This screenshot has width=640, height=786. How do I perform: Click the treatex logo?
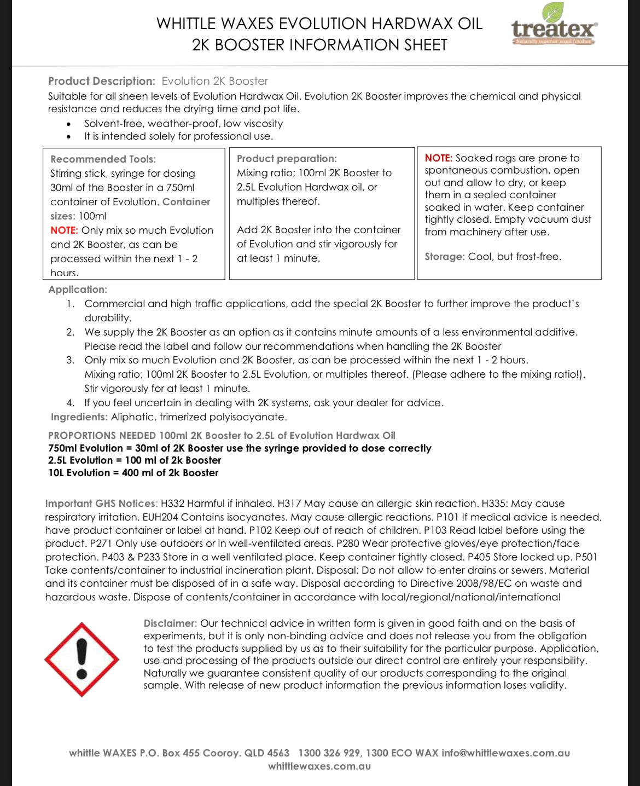pos(554,27)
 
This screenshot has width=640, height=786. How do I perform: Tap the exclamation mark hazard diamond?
pos(82,659)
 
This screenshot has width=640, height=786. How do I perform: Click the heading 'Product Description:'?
pos(102,81)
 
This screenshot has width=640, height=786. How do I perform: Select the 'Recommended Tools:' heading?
pos(103,159)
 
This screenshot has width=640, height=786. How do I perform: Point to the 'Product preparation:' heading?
pos(287,159)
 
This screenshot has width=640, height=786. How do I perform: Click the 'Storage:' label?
pos(444,257)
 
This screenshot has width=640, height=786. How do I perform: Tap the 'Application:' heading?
pos(78,290)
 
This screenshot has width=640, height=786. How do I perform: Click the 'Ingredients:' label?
pos(79,417)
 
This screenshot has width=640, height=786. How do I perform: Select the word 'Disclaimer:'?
pos(170,623)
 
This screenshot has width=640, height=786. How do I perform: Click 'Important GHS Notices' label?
pos(101,504)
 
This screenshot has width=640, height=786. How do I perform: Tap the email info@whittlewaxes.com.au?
pos(505,753)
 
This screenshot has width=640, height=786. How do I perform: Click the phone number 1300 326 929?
pos(329,753)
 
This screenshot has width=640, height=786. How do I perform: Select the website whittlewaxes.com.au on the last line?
pos(319,766)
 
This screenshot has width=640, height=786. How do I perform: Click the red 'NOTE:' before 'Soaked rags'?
pos(438,158)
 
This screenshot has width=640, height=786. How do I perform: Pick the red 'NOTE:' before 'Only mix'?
pos(64,230)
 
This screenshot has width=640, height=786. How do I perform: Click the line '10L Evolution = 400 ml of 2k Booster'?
pos(133,473)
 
